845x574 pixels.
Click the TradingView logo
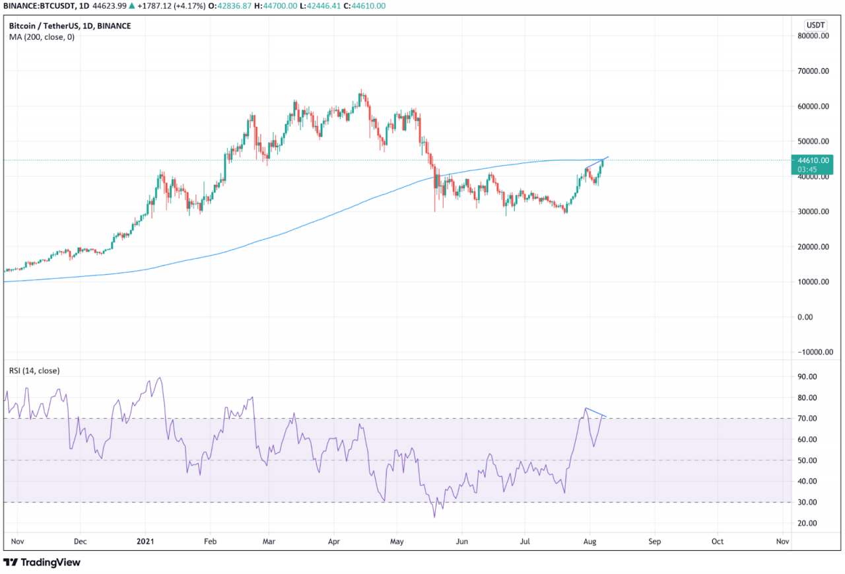click(42, 562)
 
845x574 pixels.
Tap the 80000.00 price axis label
click(813, 36)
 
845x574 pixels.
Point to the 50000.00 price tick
click(813, 141)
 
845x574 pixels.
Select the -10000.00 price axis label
click(811, 352)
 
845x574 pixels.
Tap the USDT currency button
click(816, 24)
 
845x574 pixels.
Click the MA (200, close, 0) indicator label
click(42, 37)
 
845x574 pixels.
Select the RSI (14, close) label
click(34, 371)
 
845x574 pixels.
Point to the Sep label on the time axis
click(654, 541)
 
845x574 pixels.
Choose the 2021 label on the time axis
click(145, 541)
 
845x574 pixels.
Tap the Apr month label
click(333, 541)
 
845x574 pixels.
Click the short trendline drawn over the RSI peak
click(595, 412)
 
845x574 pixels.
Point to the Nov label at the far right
click(783, 541)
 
